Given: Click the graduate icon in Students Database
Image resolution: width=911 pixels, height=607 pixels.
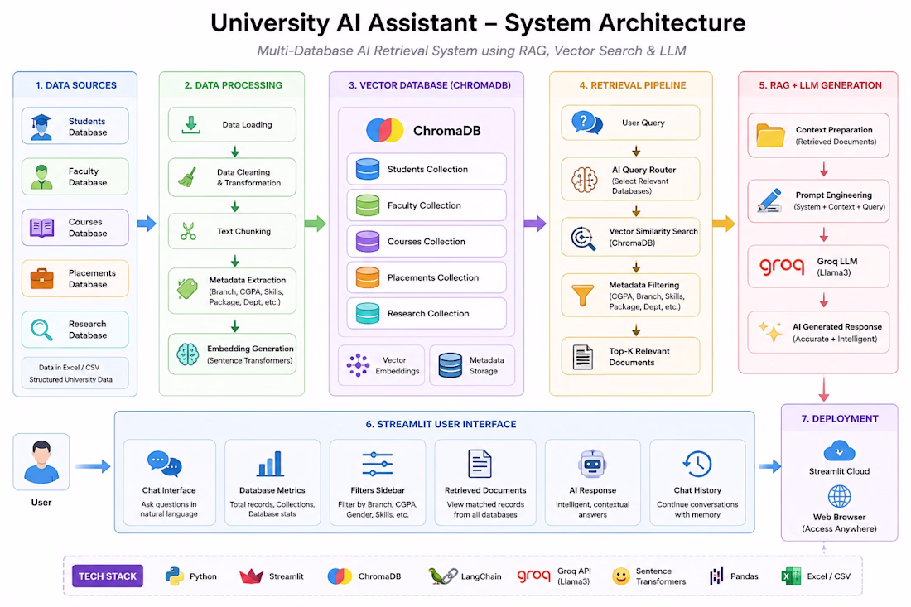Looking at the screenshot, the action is point(41,127).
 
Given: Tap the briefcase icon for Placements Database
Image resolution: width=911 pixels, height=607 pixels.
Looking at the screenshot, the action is point(42,279).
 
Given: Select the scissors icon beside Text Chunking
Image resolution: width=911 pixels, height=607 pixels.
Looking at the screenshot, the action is point(188,231).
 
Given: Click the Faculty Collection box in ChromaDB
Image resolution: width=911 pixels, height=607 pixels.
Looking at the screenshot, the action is point(427,205).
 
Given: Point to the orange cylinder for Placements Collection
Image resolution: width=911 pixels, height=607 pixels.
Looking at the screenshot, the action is point(368,277).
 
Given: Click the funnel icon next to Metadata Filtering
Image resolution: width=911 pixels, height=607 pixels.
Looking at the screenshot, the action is point(582,295).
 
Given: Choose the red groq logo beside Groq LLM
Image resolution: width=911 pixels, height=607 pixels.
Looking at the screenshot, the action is point(782,267).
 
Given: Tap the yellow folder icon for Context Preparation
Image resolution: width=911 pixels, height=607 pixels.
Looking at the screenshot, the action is point(770,135).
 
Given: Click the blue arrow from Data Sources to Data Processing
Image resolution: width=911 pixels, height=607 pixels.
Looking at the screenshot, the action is point(147,224).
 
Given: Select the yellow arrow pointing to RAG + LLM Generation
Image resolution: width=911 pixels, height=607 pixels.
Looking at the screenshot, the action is point(724,224).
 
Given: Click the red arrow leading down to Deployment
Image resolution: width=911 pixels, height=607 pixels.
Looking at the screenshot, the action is point(824,389).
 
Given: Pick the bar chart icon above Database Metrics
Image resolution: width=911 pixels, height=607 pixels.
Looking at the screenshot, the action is point(270,464).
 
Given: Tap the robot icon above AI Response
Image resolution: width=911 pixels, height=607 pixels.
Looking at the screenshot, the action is point(593,464).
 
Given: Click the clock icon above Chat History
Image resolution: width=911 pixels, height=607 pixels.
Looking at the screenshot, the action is point(697,464).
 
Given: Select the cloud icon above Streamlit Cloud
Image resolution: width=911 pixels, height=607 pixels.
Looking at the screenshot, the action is point(839,451).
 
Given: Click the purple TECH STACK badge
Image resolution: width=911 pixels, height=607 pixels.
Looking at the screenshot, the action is point(108,576).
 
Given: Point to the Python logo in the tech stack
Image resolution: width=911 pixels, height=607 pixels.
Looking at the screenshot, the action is point(174,576).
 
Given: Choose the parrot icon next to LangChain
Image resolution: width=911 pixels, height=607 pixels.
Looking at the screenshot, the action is point(442,576).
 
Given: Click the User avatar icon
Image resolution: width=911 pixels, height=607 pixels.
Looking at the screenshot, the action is point(41,462).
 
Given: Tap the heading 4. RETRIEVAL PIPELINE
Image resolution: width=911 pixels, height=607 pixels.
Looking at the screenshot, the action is point(632,85).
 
